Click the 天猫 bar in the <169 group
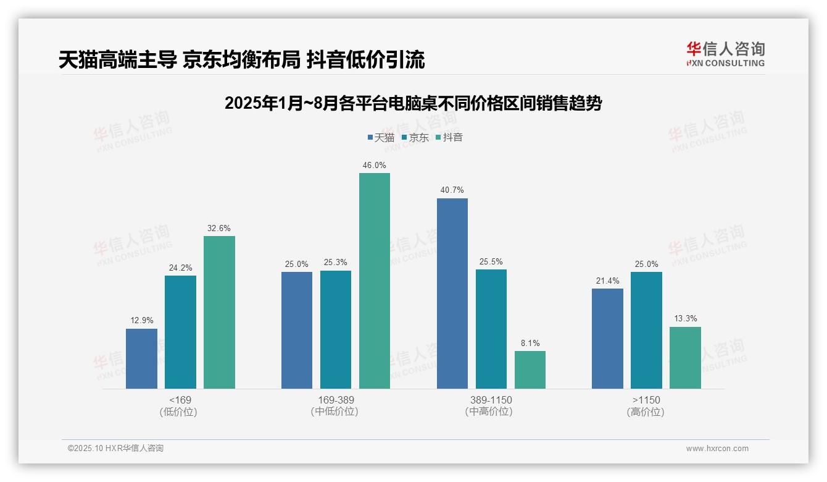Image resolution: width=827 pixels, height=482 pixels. click(141, 358)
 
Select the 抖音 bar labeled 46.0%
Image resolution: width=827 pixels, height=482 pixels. click(375, 281)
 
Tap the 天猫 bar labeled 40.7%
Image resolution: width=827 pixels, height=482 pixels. click(452, 294)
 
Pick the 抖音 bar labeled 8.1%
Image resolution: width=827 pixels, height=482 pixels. click(530, 370)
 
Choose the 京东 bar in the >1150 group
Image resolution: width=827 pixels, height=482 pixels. click(646, 330)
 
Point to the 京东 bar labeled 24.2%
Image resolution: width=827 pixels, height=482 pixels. click(180, 332)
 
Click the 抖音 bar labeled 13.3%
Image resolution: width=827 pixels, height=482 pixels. click(685, 358)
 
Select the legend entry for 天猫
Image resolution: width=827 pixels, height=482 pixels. click(381, 137)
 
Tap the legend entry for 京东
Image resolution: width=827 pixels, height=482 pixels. click(415, 137)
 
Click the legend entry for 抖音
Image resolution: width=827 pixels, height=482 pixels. click(449, 137)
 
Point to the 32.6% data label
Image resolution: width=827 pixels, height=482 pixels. click(219, 228)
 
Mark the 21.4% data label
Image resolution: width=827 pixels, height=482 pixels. click(607, 281)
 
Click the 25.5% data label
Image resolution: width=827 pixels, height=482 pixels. click(491, 261)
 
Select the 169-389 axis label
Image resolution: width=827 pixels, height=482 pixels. click(336, 400)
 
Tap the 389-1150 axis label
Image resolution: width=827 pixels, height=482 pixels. click(491, 400)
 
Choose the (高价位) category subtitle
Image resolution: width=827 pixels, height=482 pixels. click(646, 412)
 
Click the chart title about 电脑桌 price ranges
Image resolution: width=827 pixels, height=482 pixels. click(413, 103)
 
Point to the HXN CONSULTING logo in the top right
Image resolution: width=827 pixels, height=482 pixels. click(725, 54)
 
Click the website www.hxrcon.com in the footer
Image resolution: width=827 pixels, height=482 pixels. click(717, 449)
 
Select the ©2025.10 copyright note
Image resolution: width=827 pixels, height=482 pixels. click(115, 448)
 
